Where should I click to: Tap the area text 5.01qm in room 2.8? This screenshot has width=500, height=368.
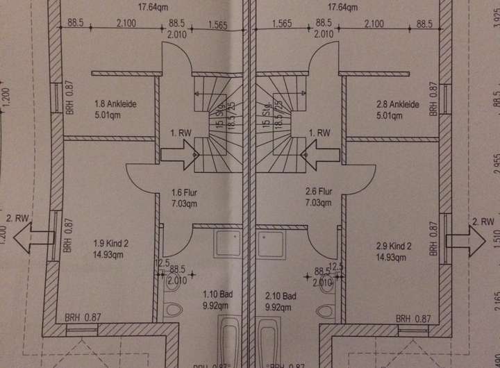[x=392, y=115]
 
